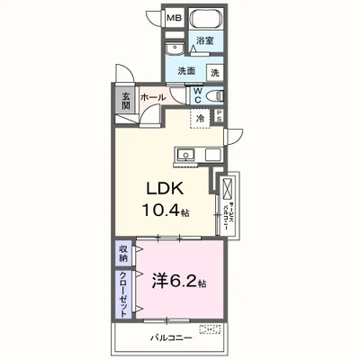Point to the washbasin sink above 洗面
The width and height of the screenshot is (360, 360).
pos(175,49)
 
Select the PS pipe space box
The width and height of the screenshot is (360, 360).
pos(219,115)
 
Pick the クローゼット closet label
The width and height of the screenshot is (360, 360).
pos(122,295)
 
